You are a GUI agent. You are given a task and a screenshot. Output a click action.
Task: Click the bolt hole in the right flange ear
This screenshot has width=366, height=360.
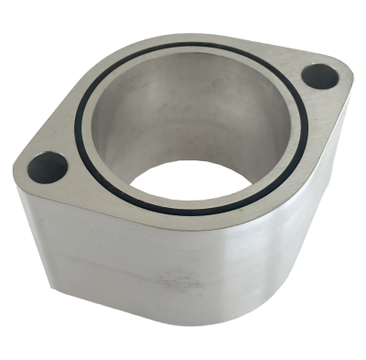(321, 76)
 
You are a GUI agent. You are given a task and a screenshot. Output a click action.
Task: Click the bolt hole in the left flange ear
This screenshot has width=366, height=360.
(48, 168)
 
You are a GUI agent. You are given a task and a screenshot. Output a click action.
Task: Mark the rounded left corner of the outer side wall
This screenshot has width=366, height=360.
(27, 229)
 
